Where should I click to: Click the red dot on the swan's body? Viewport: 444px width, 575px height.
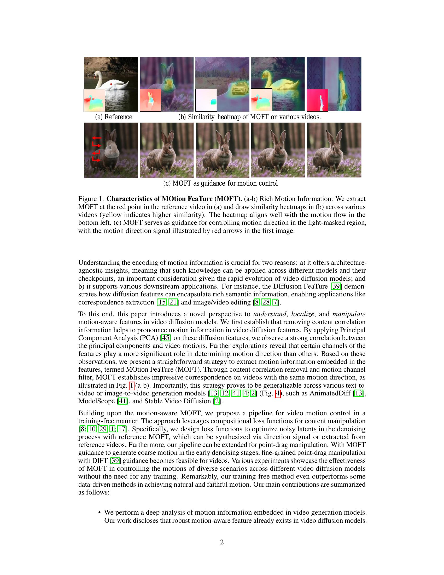[x=111, y=84]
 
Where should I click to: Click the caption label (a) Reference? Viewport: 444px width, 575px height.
[x=114, y=117]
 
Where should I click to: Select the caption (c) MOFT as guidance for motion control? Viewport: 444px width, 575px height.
[x=220, y=183]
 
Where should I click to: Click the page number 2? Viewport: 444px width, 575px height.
[x=222, y=542]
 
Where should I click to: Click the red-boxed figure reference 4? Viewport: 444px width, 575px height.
[x=277, y=393]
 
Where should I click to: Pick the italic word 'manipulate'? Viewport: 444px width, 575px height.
[x=349, y=314]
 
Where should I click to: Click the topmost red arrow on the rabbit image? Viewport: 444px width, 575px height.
[x=97, y=138]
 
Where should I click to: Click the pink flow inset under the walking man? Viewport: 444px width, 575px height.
[x=317, y=100]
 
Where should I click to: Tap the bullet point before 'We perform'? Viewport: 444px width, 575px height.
[x=100, y=513]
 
